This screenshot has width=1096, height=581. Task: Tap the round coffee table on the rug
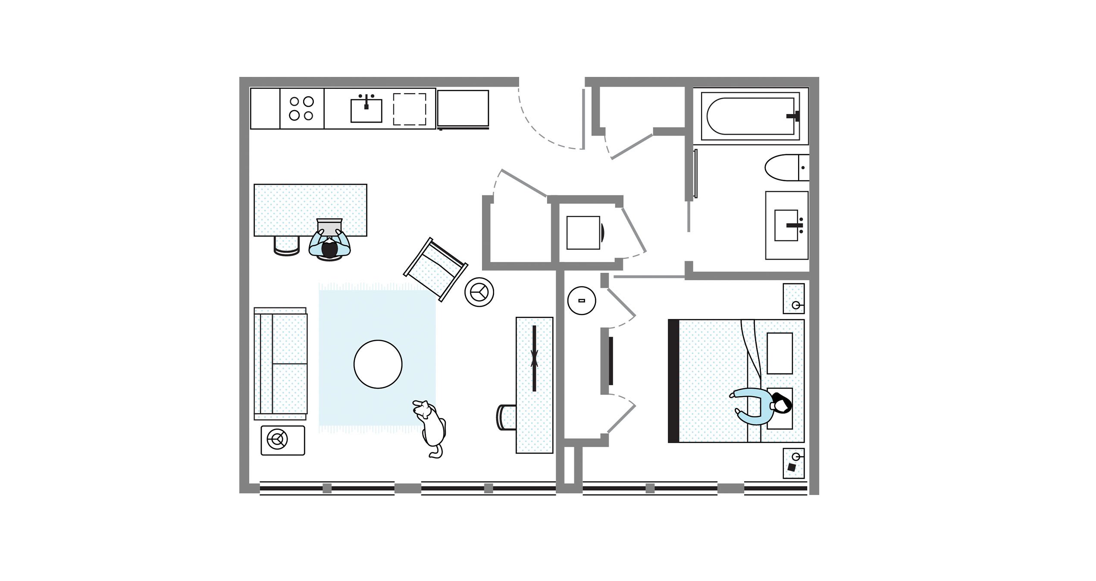point(378,364)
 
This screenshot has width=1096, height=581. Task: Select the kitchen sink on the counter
point(366,111)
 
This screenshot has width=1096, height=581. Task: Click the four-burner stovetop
point(301,108)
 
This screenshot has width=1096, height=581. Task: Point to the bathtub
point(750,116)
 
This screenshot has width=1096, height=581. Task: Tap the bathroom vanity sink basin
point(786,225)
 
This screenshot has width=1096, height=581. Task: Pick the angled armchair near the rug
point(435,268)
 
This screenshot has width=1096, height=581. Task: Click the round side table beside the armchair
point(479,292)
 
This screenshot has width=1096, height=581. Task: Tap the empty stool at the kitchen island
point(286,245)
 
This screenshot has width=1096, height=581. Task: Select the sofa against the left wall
point(281,363)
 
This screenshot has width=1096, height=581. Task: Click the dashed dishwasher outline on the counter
point(409,109)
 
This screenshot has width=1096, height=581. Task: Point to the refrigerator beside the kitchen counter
point(463,108)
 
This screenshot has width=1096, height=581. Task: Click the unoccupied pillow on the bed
point(780,353)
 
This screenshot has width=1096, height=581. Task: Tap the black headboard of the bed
point(673,381)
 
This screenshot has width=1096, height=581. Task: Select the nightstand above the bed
point(793,298)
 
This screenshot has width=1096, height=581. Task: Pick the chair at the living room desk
point(506,417)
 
